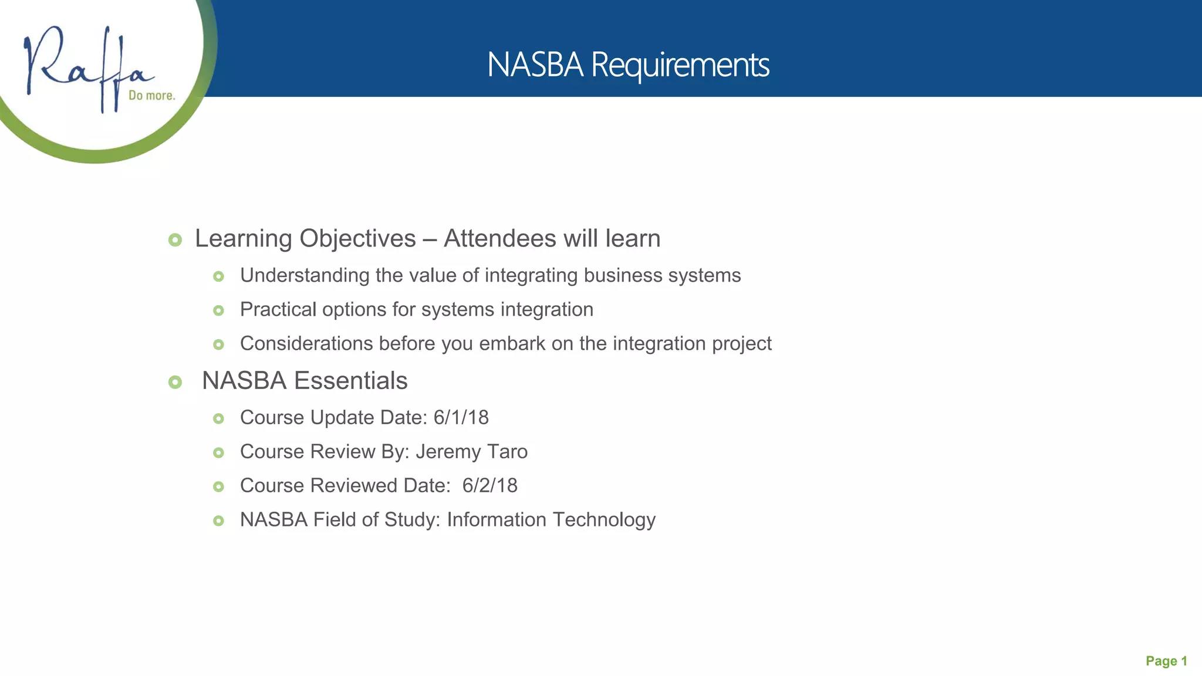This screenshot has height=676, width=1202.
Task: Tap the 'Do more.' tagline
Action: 152,96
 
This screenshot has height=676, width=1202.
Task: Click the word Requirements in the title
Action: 680,65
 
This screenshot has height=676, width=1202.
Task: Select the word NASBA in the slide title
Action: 535,65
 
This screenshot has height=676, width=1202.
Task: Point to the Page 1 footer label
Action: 1166,661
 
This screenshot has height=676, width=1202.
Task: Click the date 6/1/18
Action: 461,418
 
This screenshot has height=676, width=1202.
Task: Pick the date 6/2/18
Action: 489,486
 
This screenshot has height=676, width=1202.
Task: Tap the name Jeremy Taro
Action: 471,452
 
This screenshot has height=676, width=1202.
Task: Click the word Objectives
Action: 357,239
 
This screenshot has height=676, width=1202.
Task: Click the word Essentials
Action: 350,381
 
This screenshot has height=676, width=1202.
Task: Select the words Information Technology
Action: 551,520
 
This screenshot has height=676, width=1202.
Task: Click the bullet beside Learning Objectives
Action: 175,240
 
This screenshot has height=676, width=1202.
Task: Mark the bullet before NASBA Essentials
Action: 175,383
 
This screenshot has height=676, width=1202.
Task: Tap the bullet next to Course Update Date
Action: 218,419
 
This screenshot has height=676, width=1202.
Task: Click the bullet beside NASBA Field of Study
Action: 218,521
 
